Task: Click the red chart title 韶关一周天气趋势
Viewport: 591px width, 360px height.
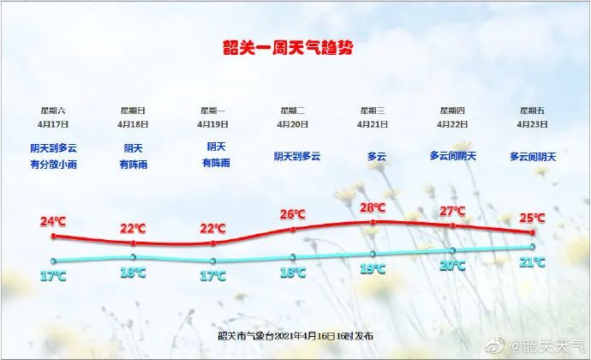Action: click(288, 47)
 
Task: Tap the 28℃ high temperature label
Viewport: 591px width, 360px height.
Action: click(373, 207)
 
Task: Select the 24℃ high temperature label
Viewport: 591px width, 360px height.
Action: click(53, 221)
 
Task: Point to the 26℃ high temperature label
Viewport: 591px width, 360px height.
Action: click(292, 215)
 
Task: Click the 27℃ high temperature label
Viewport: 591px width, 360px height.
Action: click(452, 211)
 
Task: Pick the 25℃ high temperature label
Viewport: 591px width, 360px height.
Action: click(532, 218)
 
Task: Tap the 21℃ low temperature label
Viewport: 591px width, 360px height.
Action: click(532, 262)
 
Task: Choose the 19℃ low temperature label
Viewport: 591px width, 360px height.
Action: click(373, 269)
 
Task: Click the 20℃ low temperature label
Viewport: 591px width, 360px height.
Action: click(452, 266)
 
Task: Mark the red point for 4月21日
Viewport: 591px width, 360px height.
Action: click(373, 222)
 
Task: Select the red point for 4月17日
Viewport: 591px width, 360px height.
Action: click(53, 237)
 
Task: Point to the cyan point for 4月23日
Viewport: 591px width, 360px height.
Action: click(533, 247)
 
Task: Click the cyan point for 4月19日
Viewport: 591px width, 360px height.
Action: click(213, 261)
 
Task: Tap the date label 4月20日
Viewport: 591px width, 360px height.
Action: click(292, 124)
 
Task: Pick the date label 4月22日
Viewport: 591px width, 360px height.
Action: click(452, 124)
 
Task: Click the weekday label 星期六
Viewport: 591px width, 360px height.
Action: click(53, 111)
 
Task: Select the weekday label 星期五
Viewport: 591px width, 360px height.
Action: click(532, 111)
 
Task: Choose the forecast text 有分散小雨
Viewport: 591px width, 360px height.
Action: click(53, 165)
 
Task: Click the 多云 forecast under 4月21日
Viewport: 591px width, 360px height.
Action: click(377, 157)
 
